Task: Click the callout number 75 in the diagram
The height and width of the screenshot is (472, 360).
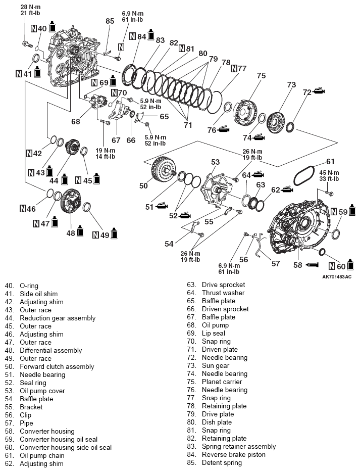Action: click(x=261, y=76)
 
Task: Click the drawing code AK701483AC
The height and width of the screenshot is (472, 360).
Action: click(x=337, y=276)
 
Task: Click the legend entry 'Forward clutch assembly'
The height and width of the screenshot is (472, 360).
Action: click(x=57, y=366)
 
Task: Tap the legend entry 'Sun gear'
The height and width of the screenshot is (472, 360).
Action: click(x=216, y=365)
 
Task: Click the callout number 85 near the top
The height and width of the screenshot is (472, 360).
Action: click(x=110, y=21)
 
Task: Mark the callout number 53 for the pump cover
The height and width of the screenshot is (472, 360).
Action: click(x=215, y=162)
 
